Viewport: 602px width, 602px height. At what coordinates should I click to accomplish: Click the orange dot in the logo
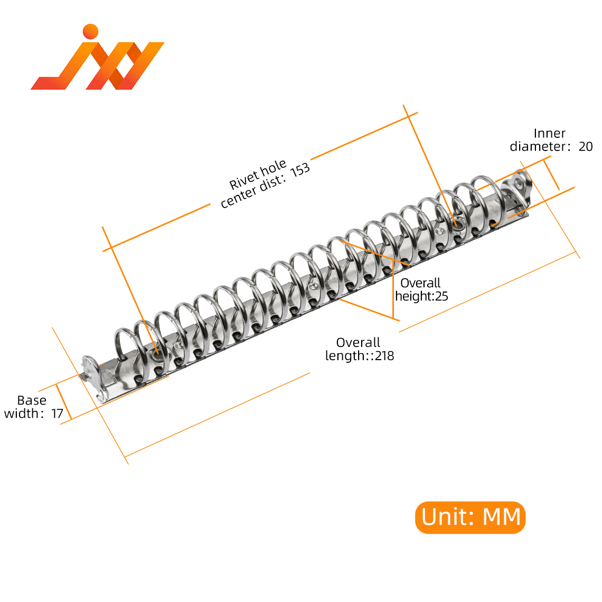91,31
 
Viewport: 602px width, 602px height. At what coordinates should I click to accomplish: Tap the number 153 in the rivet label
300,170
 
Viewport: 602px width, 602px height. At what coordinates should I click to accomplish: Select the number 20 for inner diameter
586,147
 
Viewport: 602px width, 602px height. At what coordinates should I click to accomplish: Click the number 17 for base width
57,413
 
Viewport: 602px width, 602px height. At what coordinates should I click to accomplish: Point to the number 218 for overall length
384,356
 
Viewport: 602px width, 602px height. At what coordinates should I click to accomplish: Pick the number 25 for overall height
441,296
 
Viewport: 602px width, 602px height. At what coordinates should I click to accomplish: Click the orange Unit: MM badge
470,517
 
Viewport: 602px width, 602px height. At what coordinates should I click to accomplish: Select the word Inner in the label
549,134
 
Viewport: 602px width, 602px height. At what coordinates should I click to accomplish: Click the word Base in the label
32,400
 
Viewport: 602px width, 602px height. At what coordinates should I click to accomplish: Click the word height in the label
414,296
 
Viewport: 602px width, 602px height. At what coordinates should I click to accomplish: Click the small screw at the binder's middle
313,287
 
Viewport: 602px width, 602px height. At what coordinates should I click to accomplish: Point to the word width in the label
21,413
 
